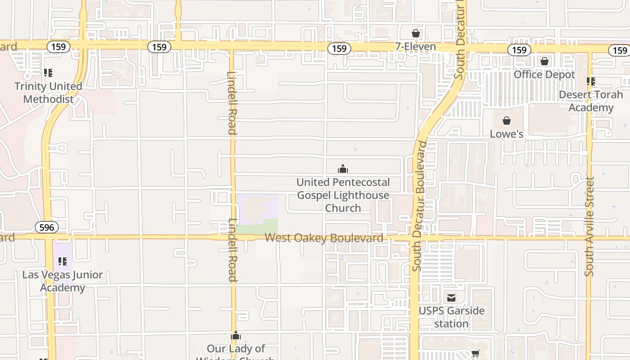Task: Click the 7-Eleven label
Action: click(x=415, y=46)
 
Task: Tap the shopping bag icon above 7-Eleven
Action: click(x=415, y=33)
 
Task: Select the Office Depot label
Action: click(x=544, y=74)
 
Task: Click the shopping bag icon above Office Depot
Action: click(x=544, y=61)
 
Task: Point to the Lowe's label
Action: click(x=507, y=134)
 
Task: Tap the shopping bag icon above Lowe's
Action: click(x=507, y=121)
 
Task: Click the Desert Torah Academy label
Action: click(x=591, y=101)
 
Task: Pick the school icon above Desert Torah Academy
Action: click(x=591, y=81)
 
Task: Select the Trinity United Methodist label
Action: click(x=48, y=93)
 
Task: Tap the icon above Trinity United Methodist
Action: click(x=48, y=73)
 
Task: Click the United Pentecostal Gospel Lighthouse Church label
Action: click(x=343, y=195)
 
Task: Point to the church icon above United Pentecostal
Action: click(x=343, y=169)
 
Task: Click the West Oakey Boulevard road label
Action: click(x=324, y=238)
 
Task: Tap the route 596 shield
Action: click(x=46, y=227)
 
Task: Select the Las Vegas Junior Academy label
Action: click(x=63, y=281)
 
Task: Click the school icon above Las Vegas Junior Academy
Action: click(x=63, y=261)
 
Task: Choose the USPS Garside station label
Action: click(x=451, y=317)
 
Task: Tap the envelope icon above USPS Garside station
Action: click(x=451, y=297)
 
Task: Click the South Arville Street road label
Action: click(x=590, y=226)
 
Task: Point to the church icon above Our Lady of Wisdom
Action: click(x=236, y=335)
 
